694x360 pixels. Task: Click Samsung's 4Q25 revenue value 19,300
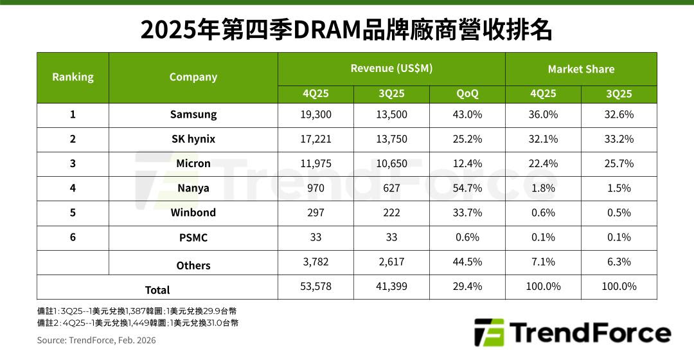pyautogui.click(x=316, y=114)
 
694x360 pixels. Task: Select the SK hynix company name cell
pyautogui.click(x=193, y=139)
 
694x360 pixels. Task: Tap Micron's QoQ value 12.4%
pyautogui.click(x=467, y=163)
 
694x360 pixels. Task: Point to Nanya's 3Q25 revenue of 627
pyautogui.click(x=391, y=188)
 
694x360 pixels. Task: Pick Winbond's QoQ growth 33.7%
pyautogui.click(x=467, y=212)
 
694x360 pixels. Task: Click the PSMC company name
pyautogui.click(x=193, y=237)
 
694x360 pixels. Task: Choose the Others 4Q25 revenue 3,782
pyautogui.click(x=316, y=262)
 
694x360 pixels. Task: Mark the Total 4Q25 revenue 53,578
pyautogui.click(x=316, y=286)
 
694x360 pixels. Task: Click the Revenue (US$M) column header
pyautogui.click(x=391, y=69)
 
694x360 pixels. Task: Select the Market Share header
pyautogui.click(x=581, y=69)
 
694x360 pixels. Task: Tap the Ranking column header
pyautogui.click(x=73, y=77)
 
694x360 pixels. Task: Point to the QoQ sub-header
pyautogui.click(x=467, y=94)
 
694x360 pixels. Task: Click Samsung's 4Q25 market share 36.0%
pyautogui.click(x=543, y=114)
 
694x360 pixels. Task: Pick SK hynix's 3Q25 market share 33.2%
pyautogui.click(x=619, y=139)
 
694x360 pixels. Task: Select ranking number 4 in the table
pyautogui.click(x=73, y=188)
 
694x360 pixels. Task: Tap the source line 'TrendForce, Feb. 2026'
pyautogui.click(x=96, y=340)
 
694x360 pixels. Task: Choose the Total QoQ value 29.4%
pyautogui.click(x=467, y=286)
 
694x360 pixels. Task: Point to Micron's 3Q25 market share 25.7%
pyautogui.click(x=619, y=163)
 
